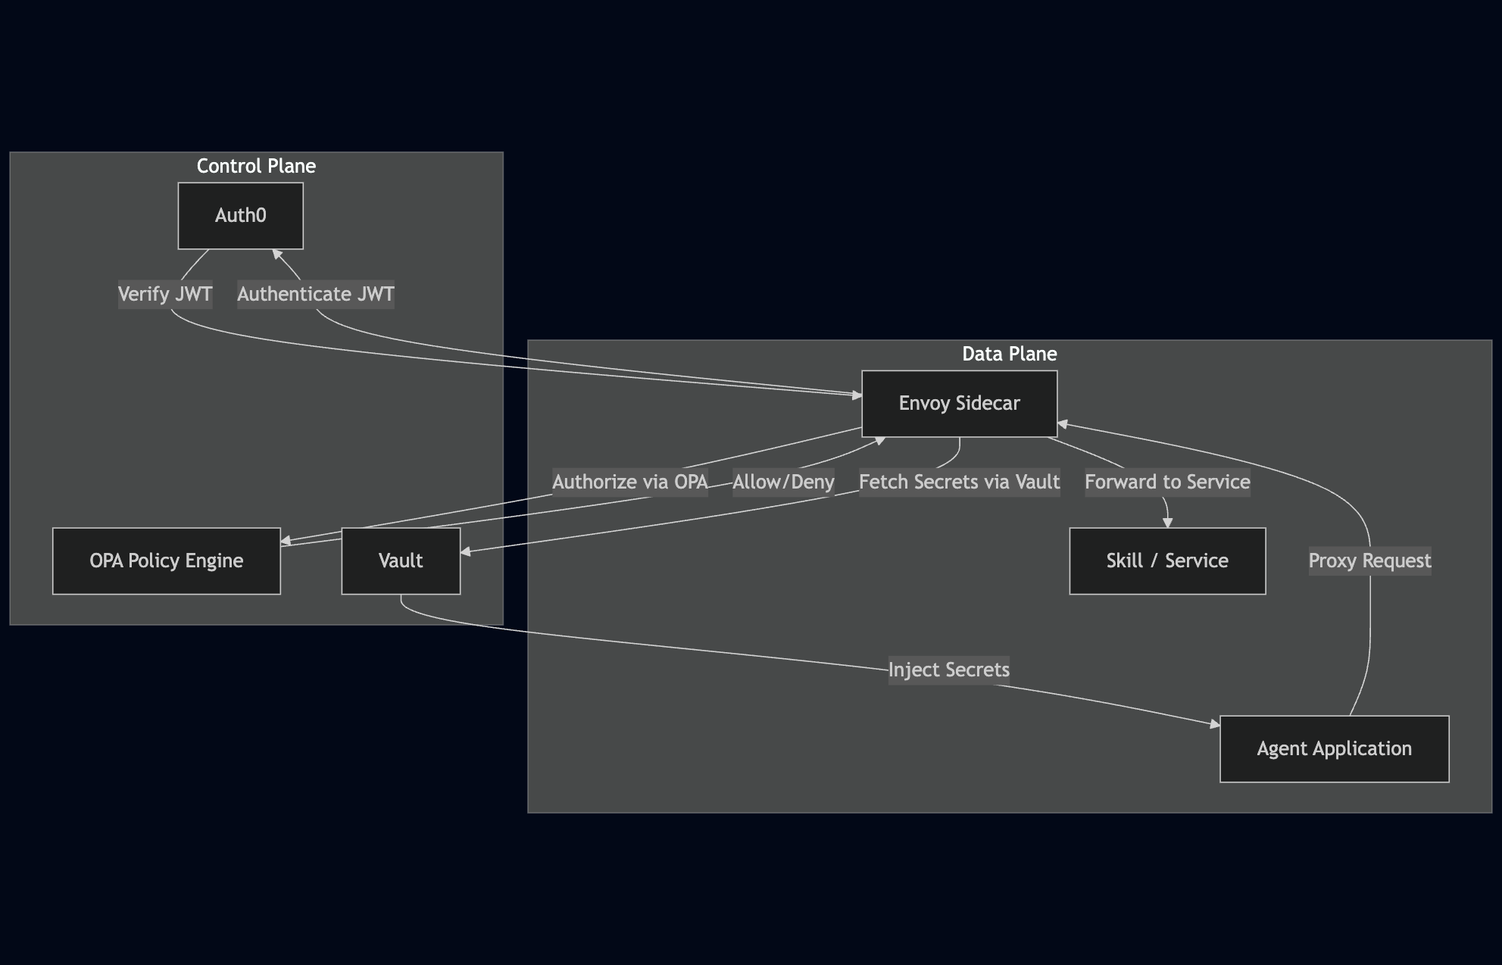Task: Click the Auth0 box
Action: pos(240,216)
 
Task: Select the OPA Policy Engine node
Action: pos(166,561)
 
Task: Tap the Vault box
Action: pos(401,561)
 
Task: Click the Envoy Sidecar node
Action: pos(959,404)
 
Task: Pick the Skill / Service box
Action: pos(1166,561)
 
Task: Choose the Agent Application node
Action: pos(1334,749)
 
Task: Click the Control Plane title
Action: pos(256,166)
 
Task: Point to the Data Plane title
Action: pos(1009,354)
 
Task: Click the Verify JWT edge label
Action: pos(165,294)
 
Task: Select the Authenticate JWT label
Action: pos(316,294)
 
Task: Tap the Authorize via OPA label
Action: pos(629,482)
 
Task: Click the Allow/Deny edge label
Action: pos(783,482)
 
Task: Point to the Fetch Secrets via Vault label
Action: pos(959,482)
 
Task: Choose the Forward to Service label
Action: pos(1167,482)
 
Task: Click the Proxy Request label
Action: pos(1369,561)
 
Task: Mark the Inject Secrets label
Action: pos(948,670)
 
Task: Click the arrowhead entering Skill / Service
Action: pos(1167,523)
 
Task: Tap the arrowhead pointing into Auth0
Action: pos(277,254)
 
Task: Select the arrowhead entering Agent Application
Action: pos(1215,725)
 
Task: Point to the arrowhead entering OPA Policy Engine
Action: pos(286,541)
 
